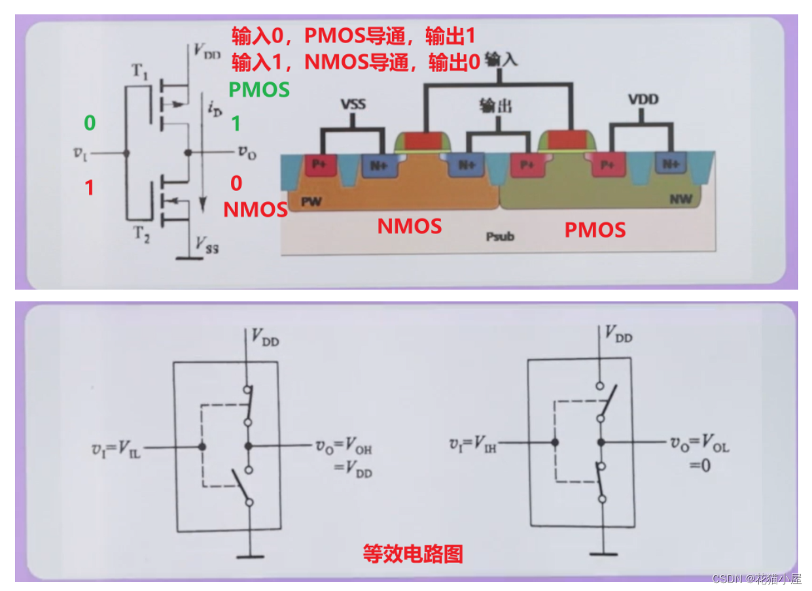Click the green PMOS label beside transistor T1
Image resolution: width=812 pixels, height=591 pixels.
pyautogui.click(x=259, y=90)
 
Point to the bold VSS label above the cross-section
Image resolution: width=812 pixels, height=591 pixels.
pyautogui.click(x=353, y=105)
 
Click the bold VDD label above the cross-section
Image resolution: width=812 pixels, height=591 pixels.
pyautogui.click(x=643, y=100)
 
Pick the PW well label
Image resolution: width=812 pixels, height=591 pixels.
pyautogui.click(x=311, y=202)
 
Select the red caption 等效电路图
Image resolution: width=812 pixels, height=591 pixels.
pyautogui.click(x=413, y=554)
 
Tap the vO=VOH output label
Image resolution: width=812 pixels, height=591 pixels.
pyautogui.click(x=343, y=448)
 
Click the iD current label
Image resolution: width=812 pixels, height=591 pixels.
pyautogui.click(x=214, y=109)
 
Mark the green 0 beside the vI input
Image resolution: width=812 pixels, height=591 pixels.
pyautogui.click(x=90, y=122)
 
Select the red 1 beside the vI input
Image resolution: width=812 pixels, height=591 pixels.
pyautogui.click(x=90, y=188)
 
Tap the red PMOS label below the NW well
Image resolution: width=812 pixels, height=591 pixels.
pyautogui.click(x=595, y=229)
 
